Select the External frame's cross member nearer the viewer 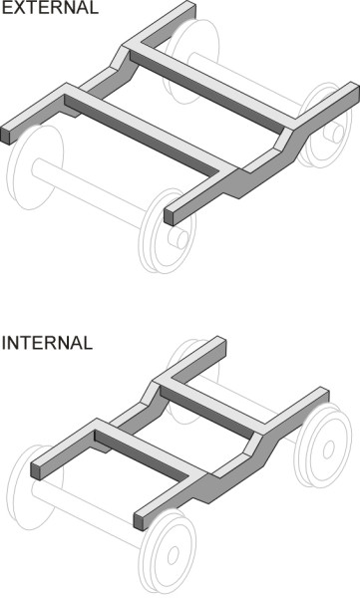(x=150, y=128)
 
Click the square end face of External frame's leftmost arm (x=7, y=134)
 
